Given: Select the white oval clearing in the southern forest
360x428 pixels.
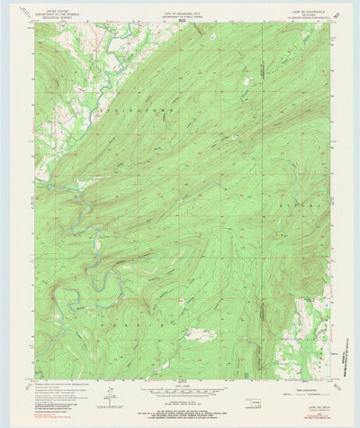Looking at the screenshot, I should pos(200,334).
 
